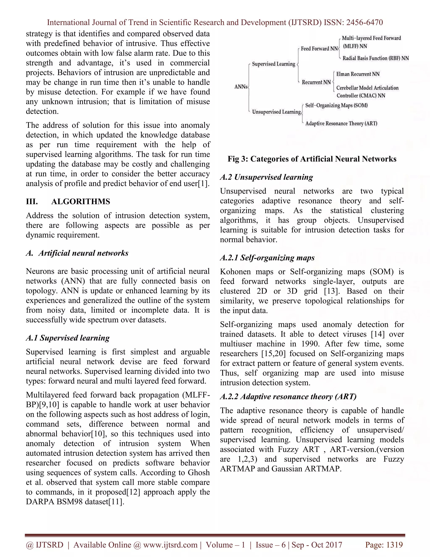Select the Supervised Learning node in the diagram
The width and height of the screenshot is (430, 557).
pyautogui.click(x=273, y=64)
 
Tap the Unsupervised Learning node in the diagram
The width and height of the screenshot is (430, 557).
pyautogui.click(x=276, y=112)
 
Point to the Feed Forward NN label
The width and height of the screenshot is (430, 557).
pyautogui.click(x=319, y=49)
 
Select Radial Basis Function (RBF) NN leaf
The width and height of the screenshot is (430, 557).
pyautogui.click(x=375, y=58)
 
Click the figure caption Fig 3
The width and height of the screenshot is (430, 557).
pyautogui.click(x=312, y=159)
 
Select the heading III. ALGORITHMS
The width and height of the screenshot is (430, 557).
pyautogui.click(x=68, y=202)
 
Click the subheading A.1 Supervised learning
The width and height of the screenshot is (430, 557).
pyautogui.click(x=68, y=338)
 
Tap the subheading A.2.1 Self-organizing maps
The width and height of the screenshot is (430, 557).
pyautogui.click(x=267, y=258)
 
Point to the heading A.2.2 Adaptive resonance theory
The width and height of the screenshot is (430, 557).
pyautogui.click(x=288, y=397)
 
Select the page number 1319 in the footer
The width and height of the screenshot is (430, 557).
pyautogui.click(x=395, y=545)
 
